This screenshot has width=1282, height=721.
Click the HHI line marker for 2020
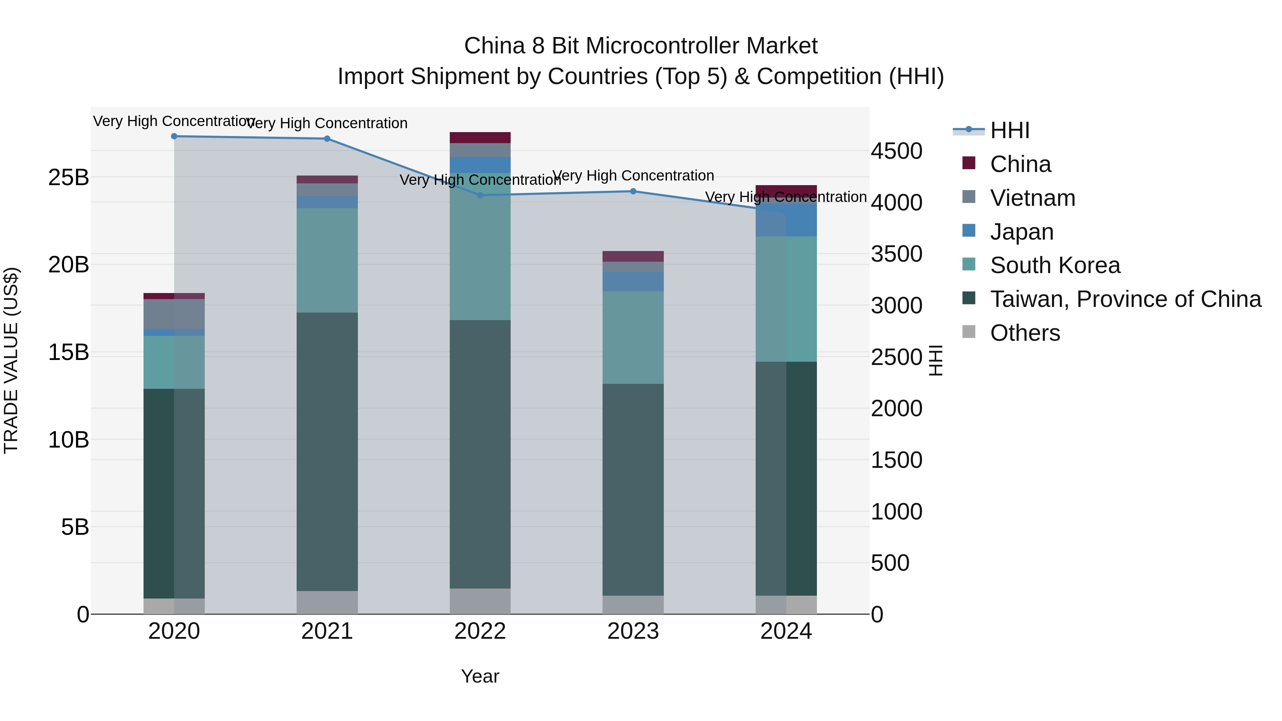click(174, 136)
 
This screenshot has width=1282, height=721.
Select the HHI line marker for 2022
click(480, 195)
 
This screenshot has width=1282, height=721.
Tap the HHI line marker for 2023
click(633, 191)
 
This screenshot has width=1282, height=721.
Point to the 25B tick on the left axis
click(68, 178)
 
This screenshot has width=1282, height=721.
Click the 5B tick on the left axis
click(75, 527)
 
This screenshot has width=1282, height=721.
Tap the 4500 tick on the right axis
click(896, 151)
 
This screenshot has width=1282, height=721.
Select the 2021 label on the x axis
click(327, 631)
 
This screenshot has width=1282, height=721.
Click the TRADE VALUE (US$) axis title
click(11, 360)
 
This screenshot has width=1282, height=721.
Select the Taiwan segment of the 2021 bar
click(327, 451)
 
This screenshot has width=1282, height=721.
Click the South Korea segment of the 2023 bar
click(633, 338)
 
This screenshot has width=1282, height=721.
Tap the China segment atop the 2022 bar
click(480, 138)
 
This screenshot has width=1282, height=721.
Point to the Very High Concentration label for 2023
click(633, 176)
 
